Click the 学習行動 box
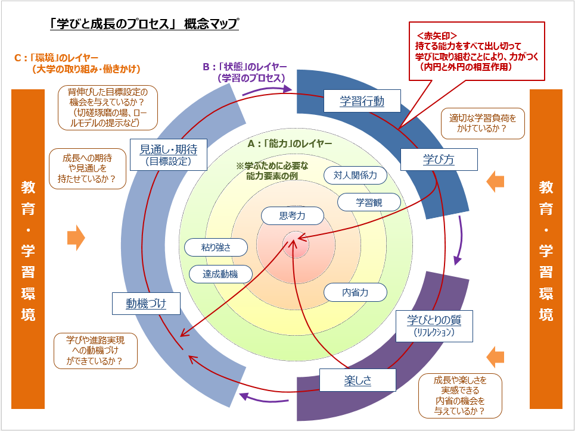(362, 101)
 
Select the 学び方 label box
(439, 159)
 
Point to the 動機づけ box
(145, 304)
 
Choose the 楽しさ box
(358, 380)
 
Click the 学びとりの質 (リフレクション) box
(434, 325)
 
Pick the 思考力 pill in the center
(292, 216)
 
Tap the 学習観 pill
(369, 202)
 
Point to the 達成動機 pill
(220, 274)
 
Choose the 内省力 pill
(355, 292)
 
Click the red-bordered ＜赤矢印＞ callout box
(477, 51)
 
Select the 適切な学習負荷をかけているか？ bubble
(482, 123)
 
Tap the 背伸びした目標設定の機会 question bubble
(108, 107)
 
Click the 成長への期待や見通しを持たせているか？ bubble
(89, 167)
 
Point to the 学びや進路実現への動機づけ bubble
(95, 351)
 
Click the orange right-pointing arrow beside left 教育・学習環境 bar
(76, 238)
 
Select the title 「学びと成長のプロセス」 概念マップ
(145, 24)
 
